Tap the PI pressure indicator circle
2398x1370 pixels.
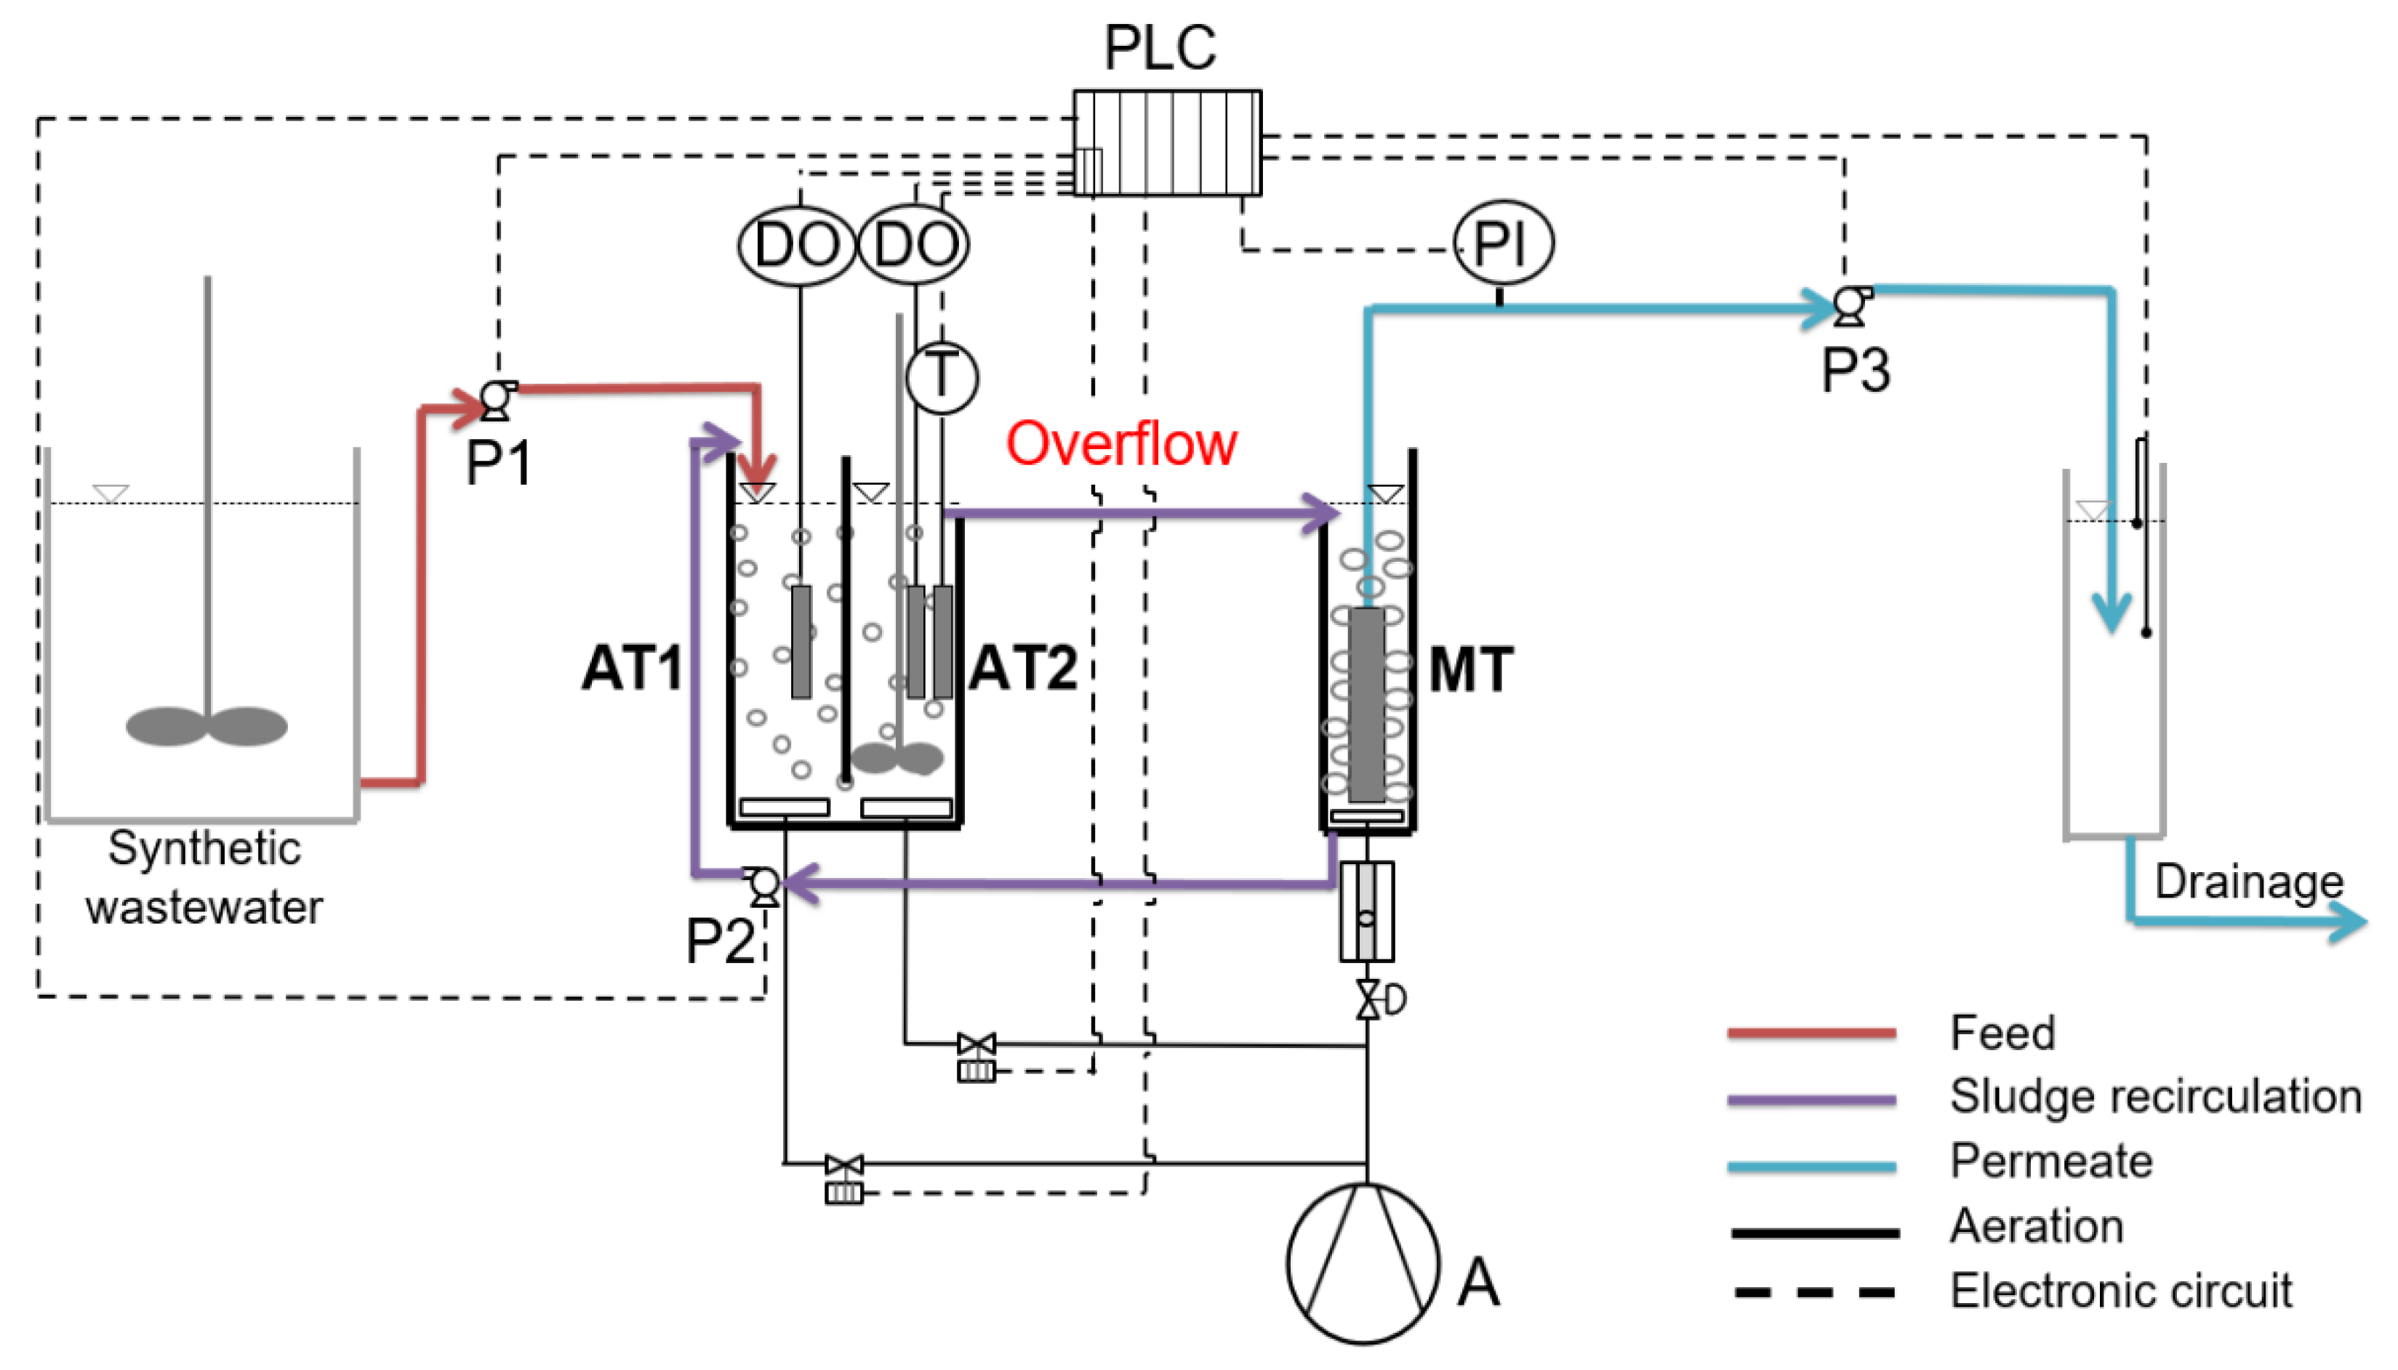(1503, 243)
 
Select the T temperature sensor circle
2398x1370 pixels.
(942, 377)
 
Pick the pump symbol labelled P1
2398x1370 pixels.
(497, 400)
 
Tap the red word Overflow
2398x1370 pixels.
(1121, 443)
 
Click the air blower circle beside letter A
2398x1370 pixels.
(1363, 1262)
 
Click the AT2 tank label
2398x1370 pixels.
(1024, 668)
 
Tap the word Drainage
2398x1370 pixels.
(2249, 882)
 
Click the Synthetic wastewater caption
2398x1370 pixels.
(204, 877)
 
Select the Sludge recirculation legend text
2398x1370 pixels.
(2155, 1096)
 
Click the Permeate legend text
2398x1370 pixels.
(2052, 1160)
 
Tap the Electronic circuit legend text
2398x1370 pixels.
(2121, 1290)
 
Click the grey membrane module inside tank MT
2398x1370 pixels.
(1366, 704)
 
